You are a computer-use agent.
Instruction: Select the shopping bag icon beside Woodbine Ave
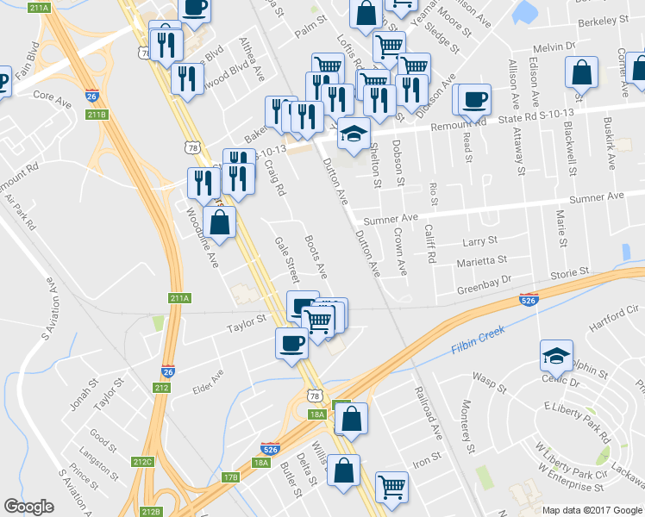click(219, 222)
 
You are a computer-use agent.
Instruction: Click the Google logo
click(28, 507)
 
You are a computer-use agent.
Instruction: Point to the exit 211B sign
click(97, 114)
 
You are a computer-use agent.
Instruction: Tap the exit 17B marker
click(230, 477)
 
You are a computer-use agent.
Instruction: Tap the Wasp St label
click(489, 379)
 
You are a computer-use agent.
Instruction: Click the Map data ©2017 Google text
click(592, 510)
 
